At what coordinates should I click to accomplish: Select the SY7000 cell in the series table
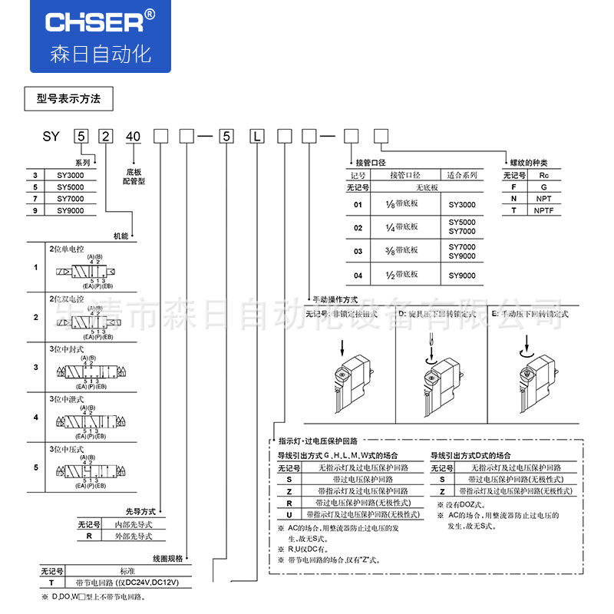tap(71, 198)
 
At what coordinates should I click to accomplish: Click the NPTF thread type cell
tap(544, 210)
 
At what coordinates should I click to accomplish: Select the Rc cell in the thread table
tap(544, 175)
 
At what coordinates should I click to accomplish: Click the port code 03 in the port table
tap(358, 251)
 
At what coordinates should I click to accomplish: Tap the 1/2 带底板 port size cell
tap(401, 276)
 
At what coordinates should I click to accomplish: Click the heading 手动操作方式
tap(335, 299)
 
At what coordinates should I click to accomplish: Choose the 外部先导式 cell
tap(134, 536)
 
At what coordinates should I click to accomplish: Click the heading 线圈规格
tap(167, 559)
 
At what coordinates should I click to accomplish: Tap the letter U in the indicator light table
tap(289, 514)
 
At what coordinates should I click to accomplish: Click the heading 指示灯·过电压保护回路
tap(318, 441)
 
